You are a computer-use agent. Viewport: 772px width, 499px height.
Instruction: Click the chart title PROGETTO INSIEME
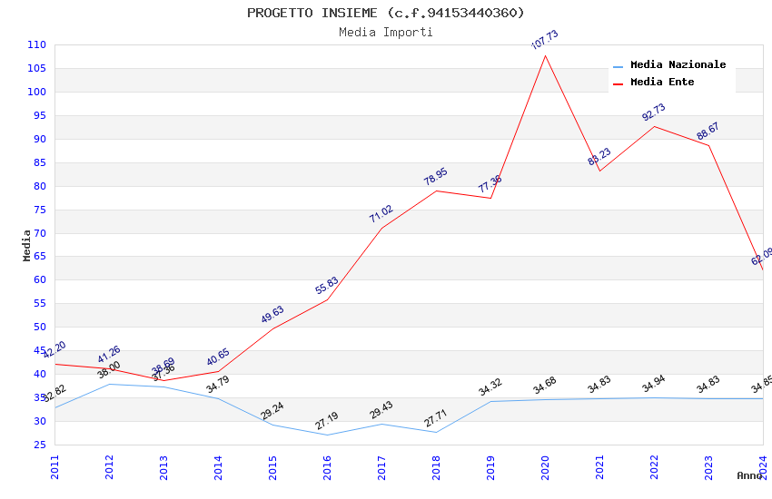pyautogui.click(x=386, y=13)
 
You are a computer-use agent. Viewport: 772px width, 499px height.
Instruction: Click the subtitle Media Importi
pyautogui.click(x=386, y=33)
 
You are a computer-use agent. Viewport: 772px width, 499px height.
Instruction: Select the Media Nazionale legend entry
pyautogui.click(x=678, y=65)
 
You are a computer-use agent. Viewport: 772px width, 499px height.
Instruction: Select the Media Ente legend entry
pyautogui.click(x=662, y=83)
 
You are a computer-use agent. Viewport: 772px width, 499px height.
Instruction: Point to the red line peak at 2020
pyautogui.click(x=545, y=55)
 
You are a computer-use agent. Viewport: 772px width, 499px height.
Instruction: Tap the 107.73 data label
pyautogui.click(x=545, y=40)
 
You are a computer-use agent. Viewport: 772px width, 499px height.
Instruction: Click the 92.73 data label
pyautogui.click(x=654, y=113)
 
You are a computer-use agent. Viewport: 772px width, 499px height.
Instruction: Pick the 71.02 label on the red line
pyautogui.click(x=381, y=214)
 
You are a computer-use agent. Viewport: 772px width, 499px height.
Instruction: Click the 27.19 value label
pyautogui.click(x=327, y=421)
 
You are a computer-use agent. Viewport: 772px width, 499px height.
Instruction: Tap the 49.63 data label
pyautogui.click(x=272, y=314)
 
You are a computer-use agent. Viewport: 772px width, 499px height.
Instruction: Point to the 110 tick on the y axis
pyautogui.click(x=37, y=44)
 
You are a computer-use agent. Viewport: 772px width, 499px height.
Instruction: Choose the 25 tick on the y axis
pyautogui.click(x=40, y=445)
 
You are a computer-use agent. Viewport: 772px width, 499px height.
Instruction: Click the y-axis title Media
pyautogui.click(x=27, y=245)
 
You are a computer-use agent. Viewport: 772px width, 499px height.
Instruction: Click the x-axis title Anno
pyautogui.click(x=749, y=475)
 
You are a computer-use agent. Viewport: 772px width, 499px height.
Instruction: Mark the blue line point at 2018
pyautogui.click(x=436, y=432)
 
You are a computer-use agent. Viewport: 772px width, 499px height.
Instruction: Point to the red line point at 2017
pyautogui.click(x=381, y=228)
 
